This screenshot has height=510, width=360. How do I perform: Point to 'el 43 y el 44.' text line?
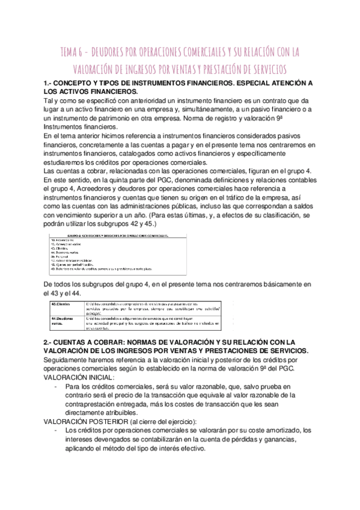point(63,292)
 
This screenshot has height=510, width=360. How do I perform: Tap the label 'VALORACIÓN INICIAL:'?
point(79,376)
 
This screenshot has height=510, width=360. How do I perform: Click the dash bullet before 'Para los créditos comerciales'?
point(56,386)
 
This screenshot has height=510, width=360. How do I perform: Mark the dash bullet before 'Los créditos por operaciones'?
point(56,430)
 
